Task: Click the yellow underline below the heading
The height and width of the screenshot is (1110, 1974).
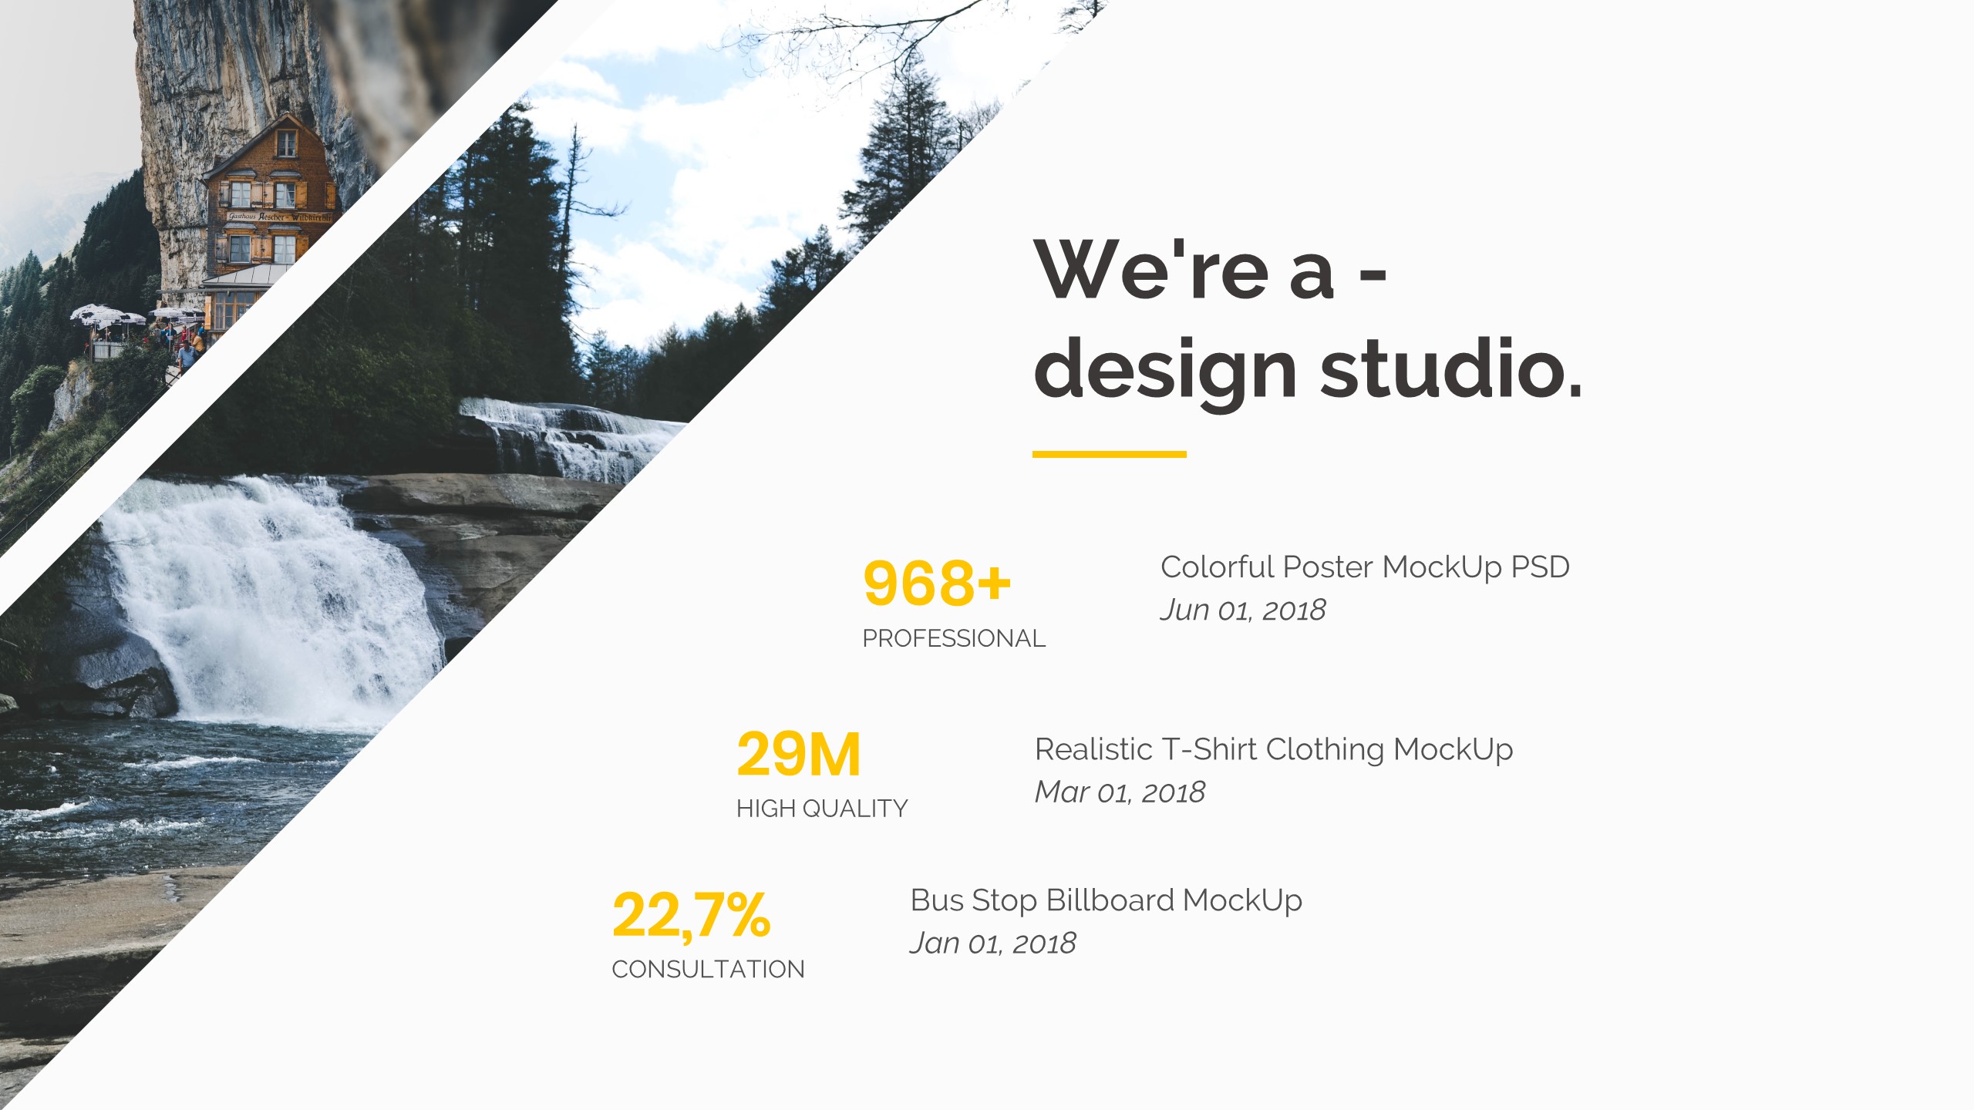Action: click(1109, 454)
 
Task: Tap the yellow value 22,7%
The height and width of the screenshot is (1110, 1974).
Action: click(691, 916)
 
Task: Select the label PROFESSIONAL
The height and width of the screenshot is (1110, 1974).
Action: click(954, 638)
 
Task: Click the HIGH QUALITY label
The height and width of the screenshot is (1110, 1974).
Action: click(822, 808)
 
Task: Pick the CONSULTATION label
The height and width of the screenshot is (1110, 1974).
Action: click(708, 969)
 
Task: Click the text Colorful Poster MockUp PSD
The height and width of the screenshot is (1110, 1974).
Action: click(1365, 567)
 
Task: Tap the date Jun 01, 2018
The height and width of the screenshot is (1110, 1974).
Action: click(1243, 610)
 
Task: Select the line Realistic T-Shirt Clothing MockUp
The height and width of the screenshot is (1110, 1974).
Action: click(1274, 749)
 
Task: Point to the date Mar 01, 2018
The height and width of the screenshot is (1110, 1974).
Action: click(1120, 792)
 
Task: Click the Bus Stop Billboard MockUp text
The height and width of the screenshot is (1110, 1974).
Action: click(1107, 900)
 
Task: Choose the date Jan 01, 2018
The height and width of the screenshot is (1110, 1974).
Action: click(992, 943)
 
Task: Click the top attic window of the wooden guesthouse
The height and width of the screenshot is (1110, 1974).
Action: click(286, 143)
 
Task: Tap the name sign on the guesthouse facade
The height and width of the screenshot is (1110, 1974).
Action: click(279, 217)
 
